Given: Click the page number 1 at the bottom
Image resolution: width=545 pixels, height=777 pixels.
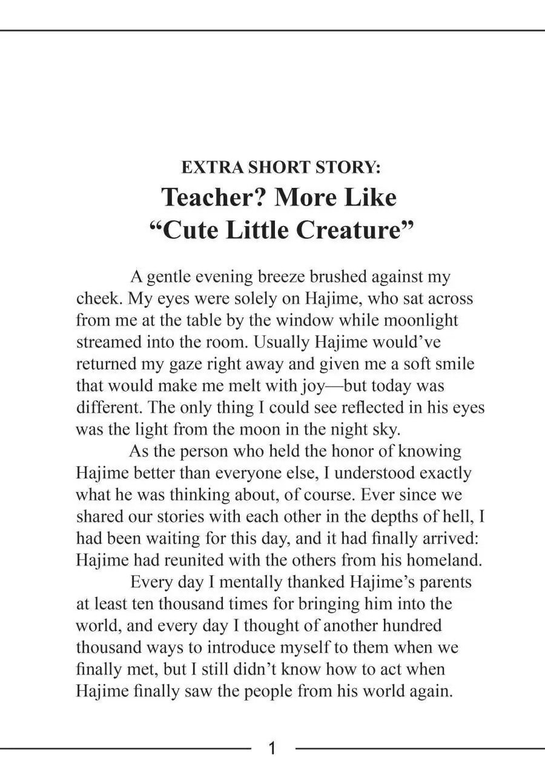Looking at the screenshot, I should (272, 749).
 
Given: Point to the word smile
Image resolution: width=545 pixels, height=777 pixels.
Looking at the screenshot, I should (452, 364).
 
